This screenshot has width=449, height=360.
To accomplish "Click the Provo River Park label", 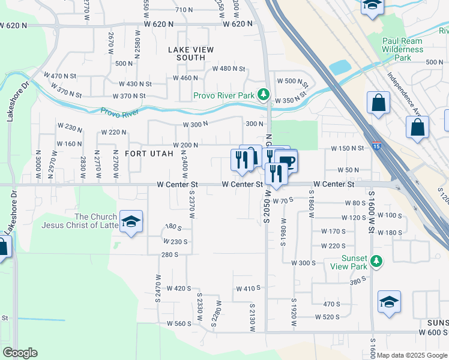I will [x=224, y=95].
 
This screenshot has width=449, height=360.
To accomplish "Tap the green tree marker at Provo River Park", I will [x=262, y=95].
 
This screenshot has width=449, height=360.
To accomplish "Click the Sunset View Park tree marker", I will [x=376, y=261].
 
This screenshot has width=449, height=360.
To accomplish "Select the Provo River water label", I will [x=119, y=112].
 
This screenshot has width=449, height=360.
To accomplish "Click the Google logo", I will [x=20, y=353].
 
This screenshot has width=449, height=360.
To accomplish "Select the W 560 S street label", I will [x=179, y=323].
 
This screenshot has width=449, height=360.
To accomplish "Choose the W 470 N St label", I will [x=60, y=76].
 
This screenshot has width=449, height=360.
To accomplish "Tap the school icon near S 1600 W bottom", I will [x=389, y=302].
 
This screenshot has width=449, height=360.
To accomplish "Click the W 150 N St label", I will [x=348, y=148].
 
